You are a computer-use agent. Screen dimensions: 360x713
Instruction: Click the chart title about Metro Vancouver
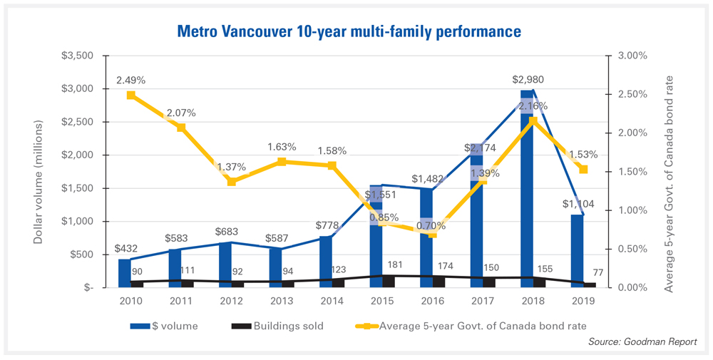pos(348,32)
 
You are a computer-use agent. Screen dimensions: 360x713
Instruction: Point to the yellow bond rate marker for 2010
pos(131,95)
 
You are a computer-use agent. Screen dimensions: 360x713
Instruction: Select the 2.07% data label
pos(182,113)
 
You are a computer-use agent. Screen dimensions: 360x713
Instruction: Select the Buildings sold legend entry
pos(278,326)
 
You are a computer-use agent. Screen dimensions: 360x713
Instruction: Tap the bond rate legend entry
pos(471,326)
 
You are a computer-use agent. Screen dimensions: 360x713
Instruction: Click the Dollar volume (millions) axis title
pos(39,172)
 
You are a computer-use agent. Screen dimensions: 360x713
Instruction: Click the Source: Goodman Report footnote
pos(642,343)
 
